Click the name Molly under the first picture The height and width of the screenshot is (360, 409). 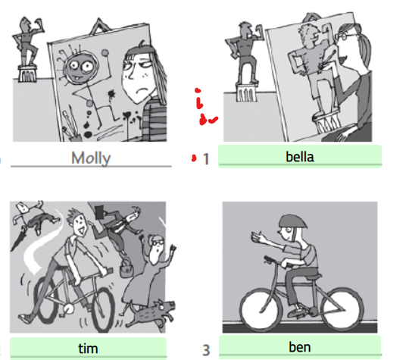(91, 158)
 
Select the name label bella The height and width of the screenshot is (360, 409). (300, 157)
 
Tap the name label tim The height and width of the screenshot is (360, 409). (88, 349)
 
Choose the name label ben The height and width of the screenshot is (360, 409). (300, 347)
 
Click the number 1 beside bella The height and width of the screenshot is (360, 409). (206, 159)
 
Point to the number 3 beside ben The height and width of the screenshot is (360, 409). (206, 350)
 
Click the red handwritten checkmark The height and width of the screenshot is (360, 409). (213, 120)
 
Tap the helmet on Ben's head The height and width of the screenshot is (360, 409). (292, 221)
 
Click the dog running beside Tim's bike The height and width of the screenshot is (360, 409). (151, 313)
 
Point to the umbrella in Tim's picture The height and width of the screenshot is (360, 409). (18, 239)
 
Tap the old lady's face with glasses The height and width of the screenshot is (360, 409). (157, 244)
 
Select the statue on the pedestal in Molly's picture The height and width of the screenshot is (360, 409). (28, 49)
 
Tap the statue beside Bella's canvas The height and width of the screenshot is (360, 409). (245, 62)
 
